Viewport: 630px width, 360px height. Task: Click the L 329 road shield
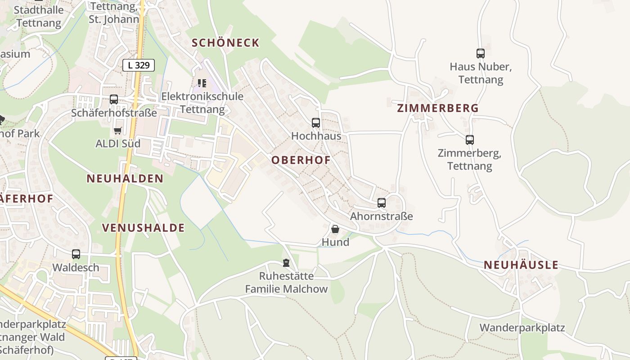tap(139, 65)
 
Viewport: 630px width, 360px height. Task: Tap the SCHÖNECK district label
tap(225, 43)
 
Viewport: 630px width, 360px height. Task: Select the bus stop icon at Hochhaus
tap(316, 122)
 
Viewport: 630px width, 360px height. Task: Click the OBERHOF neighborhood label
tap(301, 160)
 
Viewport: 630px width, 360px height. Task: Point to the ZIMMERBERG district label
tap(438, 108)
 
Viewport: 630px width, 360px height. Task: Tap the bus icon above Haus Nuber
tap(481, 54)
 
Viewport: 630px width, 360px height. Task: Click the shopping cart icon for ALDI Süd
tap(118, 130)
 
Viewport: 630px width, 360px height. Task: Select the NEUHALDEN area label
tap(125, 179)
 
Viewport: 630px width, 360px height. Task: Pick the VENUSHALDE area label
tap(144, 228)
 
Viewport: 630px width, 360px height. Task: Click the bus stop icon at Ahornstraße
tap(382, 203)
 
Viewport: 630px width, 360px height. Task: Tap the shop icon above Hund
tap(335, 229)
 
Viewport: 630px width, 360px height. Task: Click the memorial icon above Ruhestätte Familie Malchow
tap(286, 262)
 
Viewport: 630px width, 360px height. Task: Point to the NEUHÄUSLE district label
tap(521, 265)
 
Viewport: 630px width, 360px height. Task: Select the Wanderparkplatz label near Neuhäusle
tap(522, 327)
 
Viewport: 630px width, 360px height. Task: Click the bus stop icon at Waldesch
tap(76, 254)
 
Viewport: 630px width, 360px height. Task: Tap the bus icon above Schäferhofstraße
tap(114, 99)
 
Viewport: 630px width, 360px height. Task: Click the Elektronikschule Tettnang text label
tap(202, 103)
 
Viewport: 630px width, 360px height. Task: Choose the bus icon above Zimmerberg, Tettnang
tap(470, 140)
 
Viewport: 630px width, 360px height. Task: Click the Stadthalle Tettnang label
tap(38, 16)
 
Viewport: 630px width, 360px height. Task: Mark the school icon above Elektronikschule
tap(202, 83)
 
